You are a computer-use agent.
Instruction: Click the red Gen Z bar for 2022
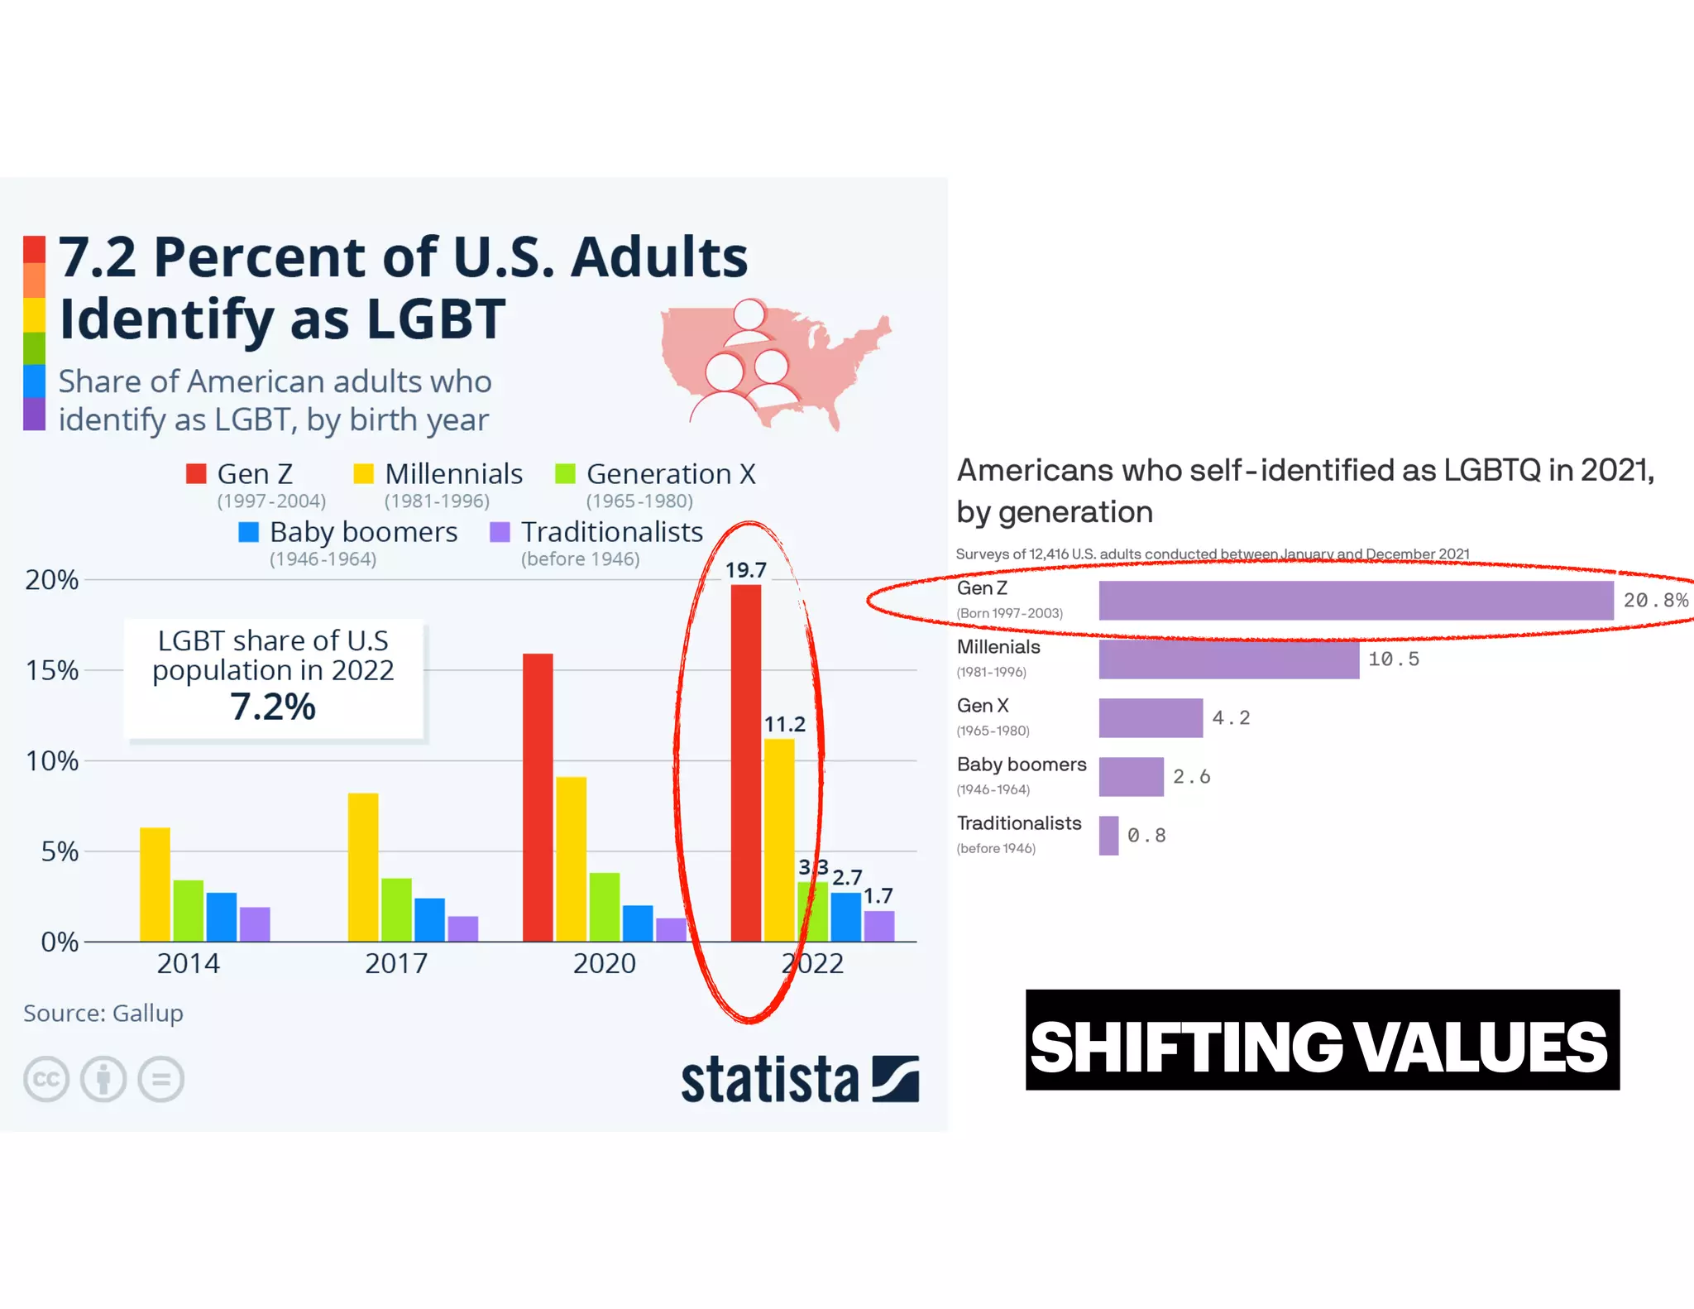tap(745, 761)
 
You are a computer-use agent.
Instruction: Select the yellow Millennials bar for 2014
tap(155, 884)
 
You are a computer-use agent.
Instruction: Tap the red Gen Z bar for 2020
tap(538, 796)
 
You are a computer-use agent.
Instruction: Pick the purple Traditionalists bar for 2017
tap(462, 928)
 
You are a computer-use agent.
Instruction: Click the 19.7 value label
tap(745, 570)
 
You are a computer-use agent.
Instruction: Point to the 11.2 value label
tap(783, 724)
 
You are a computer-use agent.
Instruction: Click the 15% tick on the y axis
tap(52, 670)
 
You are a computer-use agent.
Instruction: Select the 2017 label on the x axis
tap(396, 963)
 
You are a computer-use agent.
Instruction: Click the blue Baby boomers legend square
tap(248, 532)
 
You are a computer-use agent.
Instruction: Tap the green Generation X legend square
tap(565, 473)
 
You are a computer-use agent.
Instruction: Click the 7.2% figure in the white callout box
tap(273, 707)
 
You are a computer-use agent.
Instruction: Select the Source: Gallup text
tap(103, 1013)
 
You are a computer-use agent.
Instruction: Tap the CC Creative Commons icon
tap(46, 1079)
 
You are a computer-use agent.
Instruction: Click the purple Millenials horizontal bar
tap(1228, 659)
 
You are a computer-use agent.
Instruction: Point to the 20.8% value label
tap(1655, 600)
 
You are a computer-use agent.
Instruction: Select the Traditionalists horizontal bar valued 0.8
tap(1108, 836)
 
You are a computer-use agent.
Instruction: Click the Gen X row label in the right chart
tap(983, 706)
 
